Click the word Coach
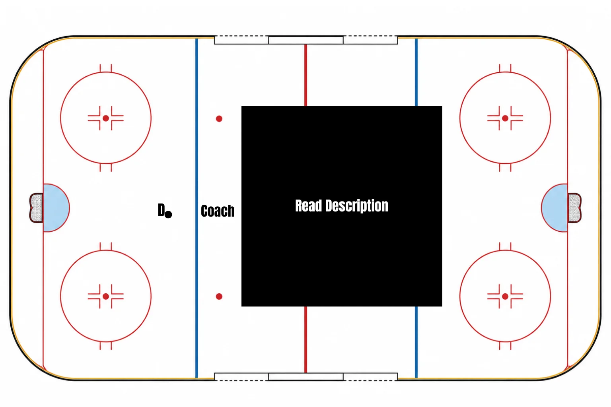point(218,211)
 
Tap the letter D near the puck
point(161,210)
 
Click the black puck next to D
point(168,215)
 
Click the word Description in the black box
point(357,206)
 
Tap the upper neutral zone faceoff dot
point(219,118)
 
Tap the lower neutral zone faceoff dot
point(219,297)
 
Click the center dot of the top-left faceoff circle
point(106,118)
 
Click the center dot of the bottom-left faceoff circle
point(106,297)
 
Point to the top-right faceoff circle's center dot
point(505,118)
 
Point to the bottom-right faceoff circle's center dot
point(505,297)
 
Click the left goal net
point(36,208)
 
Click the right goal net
point(574,208)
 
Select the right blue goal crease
point(555,208)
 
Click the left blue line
point(197,208)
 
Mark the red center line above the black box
point(306,75)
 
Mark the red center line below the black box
point(306,340)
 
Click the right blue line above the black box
point(416,72)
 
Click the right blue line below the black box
point(416,342)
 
